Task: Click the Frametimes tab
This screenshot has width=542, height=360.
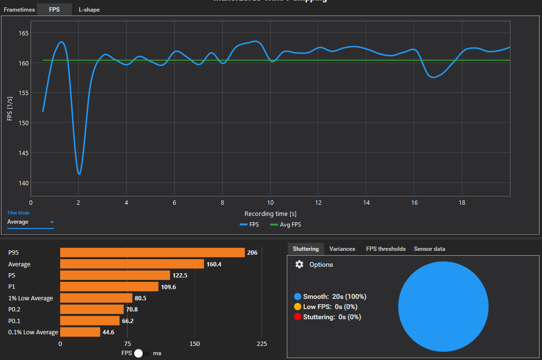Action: [x=19, y=10]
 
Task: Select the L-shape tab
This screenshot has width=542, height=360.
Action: [x=89, y=10]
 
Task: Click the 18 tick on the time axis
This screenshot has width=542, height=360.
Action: [x=462, y=202]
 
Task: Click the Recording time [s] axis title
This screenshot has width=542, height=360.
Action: [x=271, y=214]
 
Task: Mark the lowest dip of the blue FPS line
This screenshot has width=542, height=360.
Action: [x=79, y=173]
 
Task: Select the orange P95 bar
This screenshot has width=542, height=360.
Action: [x=152, y=252]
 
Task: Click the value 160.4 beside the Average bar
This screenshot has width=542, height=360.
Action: [x=214, y=264]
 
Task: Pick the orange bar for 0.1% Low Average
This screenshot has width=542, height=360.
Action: [x=80, y=332]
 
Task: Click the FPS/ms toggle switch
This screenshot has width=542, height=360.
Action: [x=141, y=353]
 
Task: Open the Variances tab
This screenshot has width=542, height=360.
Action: [x=342, y=249]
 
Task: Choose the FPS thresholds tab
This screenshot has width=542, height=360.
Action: [x=386, y=249]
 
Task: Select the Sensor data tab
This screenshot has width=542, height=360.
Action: [x=429, y=249]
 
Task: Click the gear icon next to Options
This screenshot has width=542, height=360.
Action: [x=299, y=264]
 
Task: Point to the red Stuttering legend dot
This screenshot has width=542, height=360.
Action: [x=297, y=317]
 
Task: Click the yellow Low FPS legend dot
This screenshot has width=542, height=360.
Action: [x=297, y=307]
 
